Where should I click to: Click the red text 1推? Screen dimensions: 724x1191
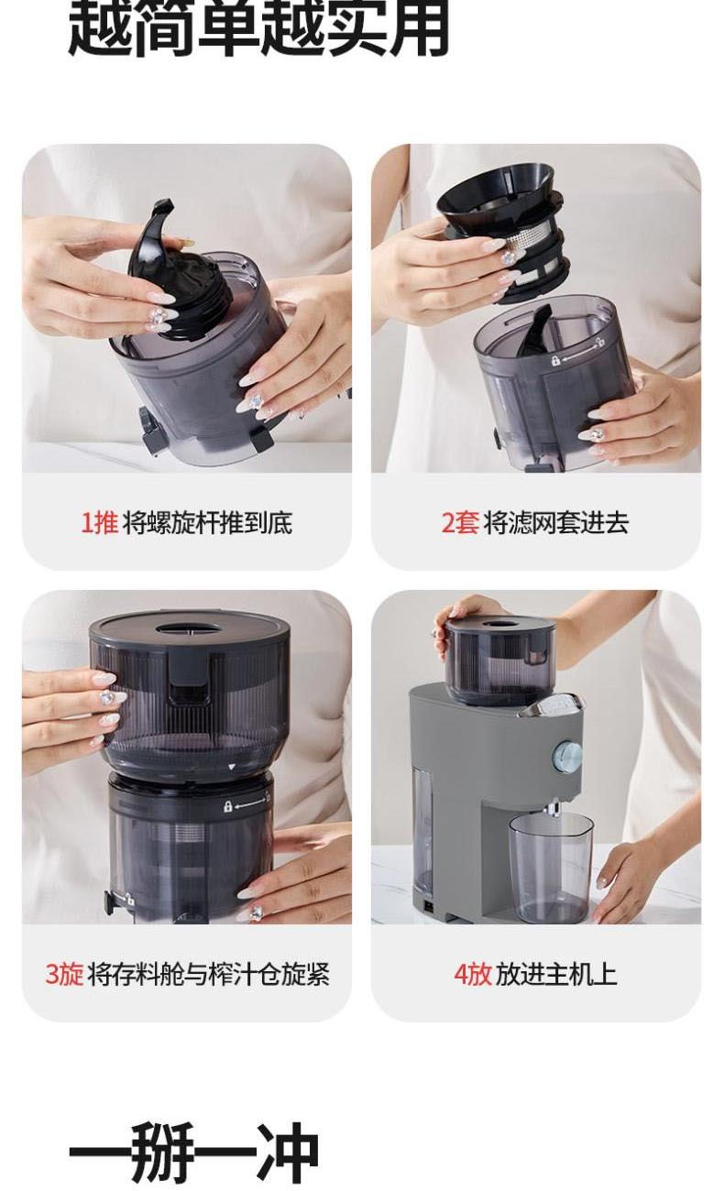[99, 522]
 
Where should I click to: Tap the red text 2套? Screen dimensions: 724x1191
[460, 522]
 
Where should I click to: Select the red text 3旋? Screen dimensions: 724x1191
[64, 974]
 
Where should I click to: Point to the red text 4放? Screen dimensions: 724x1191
[472, 974]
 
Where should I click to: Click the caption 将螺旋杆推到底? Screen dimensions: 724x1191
[207, 522]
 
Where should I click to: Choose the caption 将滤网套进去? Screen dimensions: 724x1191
[556, 522]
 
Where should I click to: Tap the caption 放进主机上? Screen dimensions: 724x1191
[556, 974]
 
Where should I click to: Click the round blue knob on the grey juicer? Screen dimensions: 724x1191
[567, 755]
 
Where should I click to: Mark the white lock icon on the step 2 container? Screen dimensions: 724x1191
[555, 361]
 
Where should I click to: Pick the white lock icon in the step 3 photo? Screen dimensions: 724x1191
[227, 806]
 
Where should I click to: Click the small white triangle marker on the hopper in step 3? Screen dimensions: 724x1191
[231, 767]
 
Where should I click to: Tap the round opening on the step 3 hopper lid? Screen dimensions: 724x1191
[189, 628]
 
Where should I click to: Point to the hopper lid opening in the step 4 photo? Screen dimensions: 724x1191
[499, 624]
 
